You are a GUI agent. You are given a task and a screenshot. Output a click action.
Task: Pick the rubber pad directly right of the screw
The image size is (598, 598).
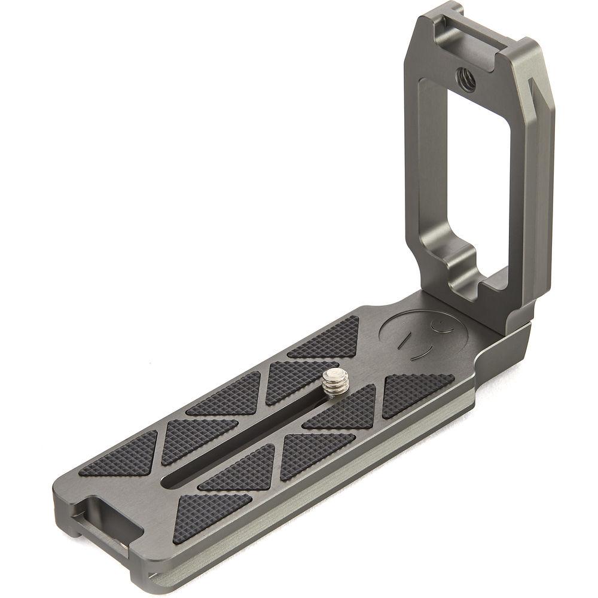click(x=341, y=413)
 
